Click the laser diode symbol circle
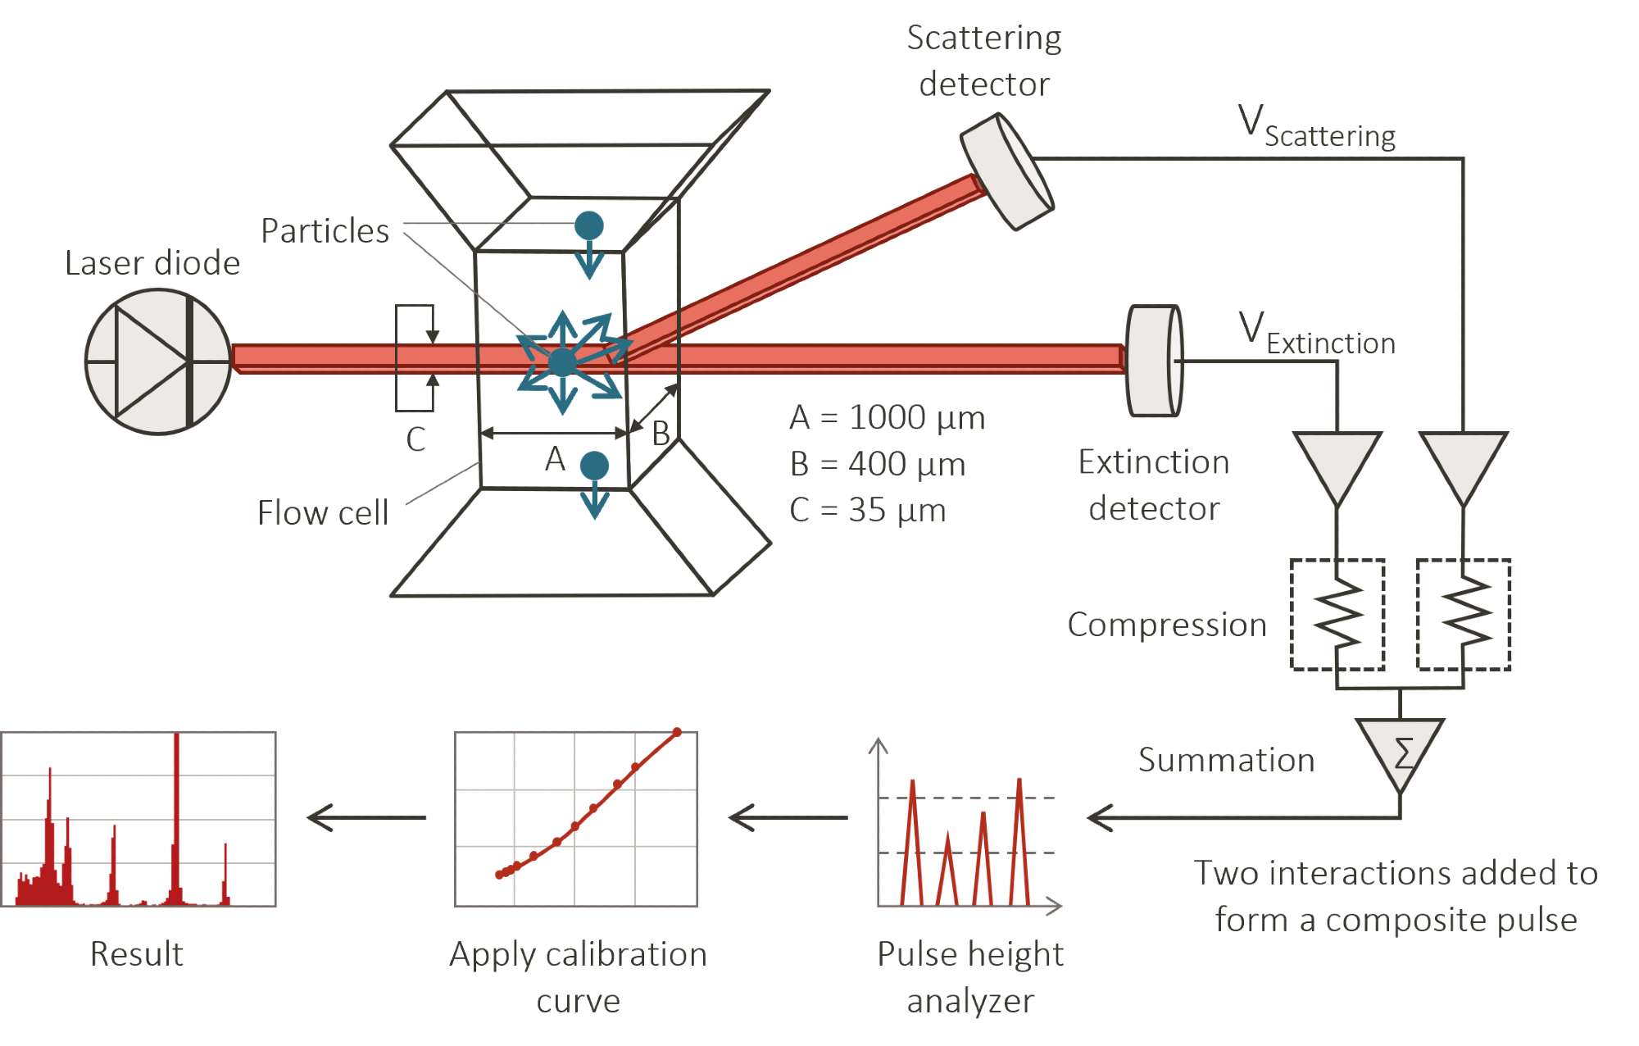tap(158, 361)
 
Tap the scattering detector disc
tap(1007, 171)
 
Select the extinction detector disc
tap(1154, 361)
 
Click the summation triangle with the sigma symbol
tap(1401, 751)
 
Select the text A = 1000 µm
tap(887, 418)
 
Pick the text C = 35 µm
tap(867, 511)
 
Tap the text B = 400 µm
tap(877, 465)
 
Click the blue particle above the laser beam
tap(589, 225)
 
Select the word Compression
tap(1166, 625)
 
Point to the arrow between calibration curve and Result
tap(365, 816)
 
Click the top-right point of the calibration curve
tap(677, 732)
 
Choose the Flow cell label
tap(322, 513)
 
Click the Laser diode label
tap(152, 263)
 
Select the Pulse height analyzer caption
tap(970, 977)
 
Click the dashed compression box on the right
tap(1464, 615)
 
